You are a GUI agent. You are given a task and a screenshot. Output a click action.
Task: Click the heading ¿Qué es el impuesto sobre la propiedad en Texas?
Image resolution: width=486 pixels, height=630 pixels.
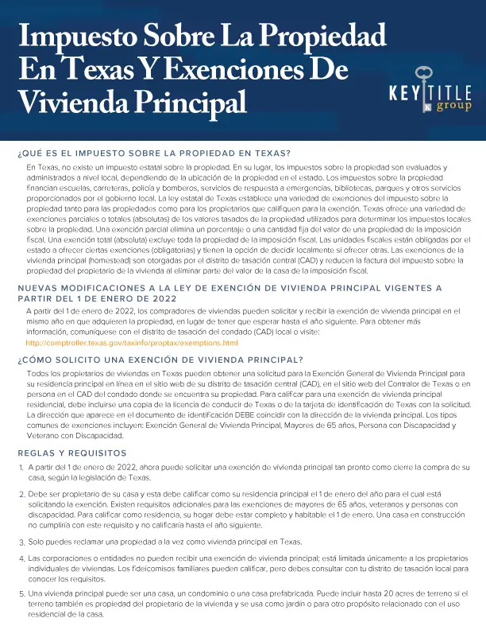pos(153,153)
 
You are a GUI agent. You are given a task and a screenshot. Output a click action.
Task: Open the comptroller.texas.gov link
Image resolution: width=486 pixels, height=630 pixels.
pos(132,342)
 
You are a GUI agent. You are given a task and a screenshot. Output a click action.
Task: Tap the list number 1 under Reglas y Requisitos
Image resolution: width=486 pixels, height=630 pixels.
pos(20,467)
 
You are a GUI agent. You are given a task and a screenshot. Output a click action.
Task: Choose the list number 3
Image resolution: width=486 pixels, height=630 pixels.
pos(20,542)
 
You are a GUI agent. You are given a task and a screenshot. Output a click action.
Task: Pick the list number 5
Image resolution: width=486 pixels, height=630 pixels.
pos(20,594)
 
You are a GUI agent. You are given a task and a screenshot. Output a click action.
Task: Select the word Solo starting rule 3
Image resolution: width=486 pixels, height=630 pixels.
pos(37,541)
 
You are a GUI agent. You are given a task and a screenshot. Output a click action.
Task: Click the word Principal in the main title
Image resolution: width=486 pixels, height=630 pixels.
pos(190,101)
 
